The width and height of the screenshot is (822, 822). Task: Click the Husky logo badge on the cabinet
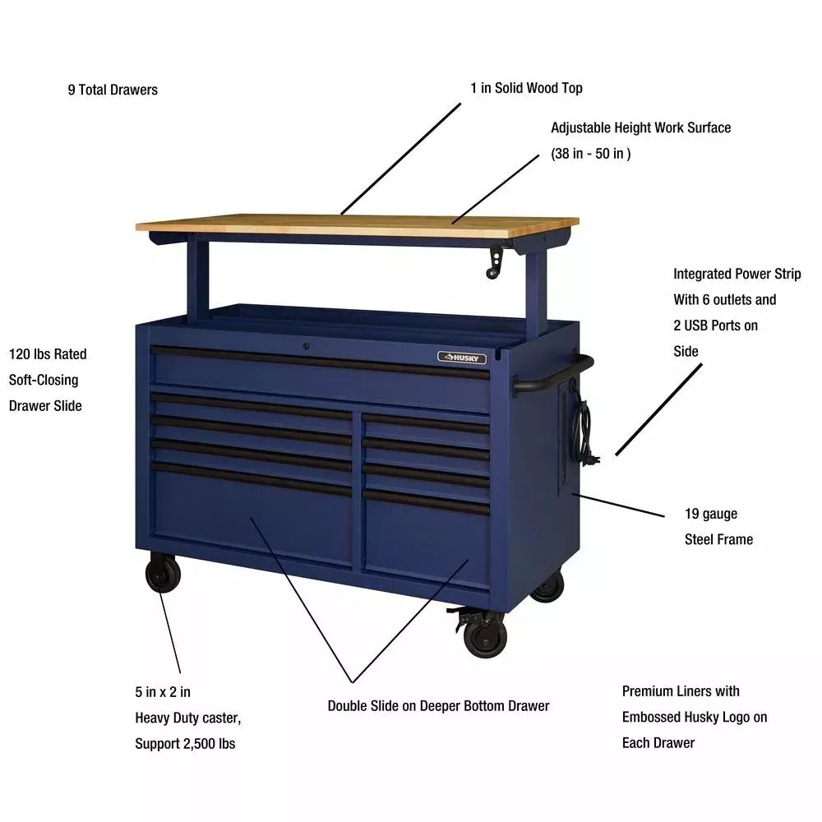tap(461, 358)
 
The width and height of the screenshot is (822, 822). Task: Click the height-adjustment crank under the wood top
tap(496, 263)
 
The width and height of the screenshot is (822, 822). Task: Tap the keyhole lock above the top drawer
tap(305, 347)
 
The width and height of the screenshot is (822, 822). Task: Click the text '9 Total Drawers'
tap(113, 90)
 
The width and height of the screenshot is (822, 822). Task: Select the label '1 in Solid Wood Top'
tap(527, 88)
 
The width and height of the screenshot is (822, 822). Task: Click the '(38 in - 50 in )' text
tap(591, 154)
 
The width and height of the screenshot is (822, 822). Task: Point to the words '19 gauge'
tap(711, 514)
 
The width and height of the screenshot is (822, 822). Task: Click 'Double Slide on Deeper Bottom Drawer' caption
tap(438, 705)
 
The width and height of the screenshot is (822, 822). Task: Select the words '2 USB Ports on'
tap(715, 326)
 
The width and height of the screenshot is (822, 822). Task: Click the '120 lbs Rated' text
tap(48, 354)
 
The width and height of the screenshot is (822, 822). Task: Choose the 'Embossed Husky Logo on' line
tap(695, 717)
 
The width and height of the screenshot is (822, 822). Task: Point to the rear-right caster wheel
tap(547, 586)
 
